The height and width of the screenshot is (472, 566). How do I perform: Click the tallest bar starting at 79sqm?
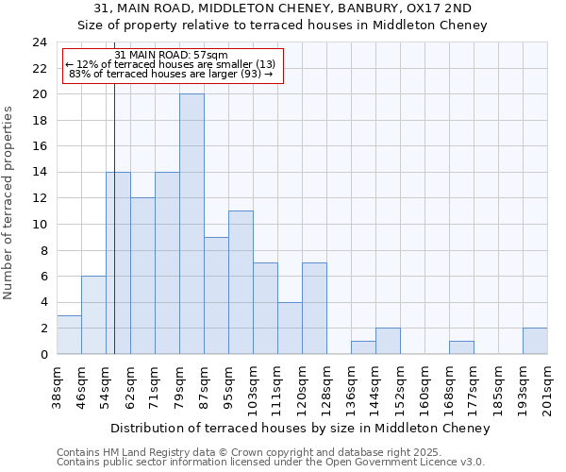191,224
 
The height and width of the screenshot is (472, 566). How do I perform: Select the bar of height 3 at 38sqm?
69,334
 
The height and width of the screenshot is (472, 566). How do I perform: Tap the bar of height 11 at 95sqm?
241,282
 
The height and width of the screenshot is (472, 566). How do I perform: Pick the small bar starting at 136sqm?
363,347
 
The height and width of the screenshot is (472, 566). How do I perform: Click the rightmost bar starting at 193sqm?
535,341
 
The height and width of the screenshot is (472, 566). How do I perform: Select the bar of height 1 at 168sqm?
461,347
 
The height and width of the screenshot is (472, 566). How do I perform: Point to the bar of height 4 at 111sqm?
290,328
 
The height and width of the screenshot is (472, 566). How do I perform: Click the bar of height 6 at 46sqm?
93,315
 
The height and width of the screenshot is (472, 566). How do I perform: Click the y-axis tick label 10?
40,225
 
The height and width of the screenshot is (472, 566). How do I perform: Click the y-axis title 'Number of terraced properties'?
9,202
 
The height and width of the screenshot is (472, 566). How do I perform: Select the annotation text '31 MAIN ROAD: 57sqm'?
172,56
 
